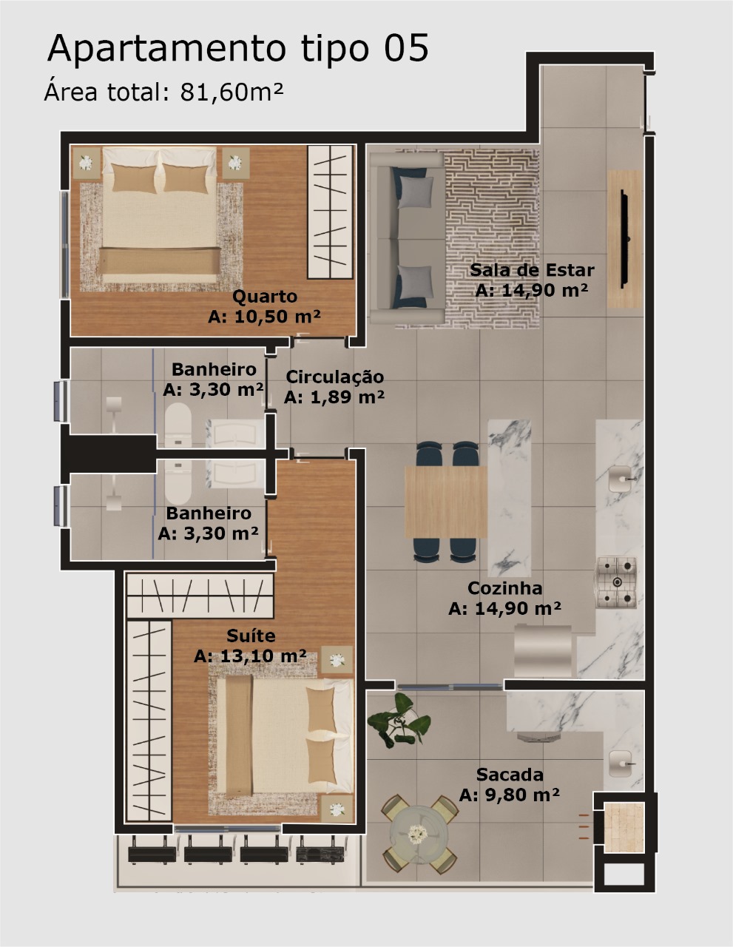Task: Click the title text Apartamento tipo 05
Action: [x=238, y=49]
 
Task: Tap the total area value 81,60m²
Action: [x=232, y=92]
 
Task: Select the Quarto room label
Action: [x=265, y=297]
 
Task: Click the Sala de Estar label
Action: [x=532, y=270]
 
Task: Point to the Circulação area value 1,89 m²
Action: [x=347, y=397]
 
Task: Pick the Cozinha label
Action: [x=504, y=588]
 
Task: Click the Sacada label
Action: [x=510, y=775]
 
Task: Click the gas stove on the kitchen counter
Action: [x=616, y=582]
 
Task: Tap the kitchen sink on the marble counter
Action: [x=620, y=479]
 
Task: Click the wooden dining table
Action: [x=445, y=502]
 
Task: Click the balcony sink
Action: [x=620, y=763]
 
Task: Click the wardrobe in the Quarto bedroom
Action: [x=330, y=212]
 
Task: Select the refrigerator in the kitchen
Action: [x=543, y=651]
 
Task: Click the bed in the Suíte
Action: [x=285, y=736]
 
